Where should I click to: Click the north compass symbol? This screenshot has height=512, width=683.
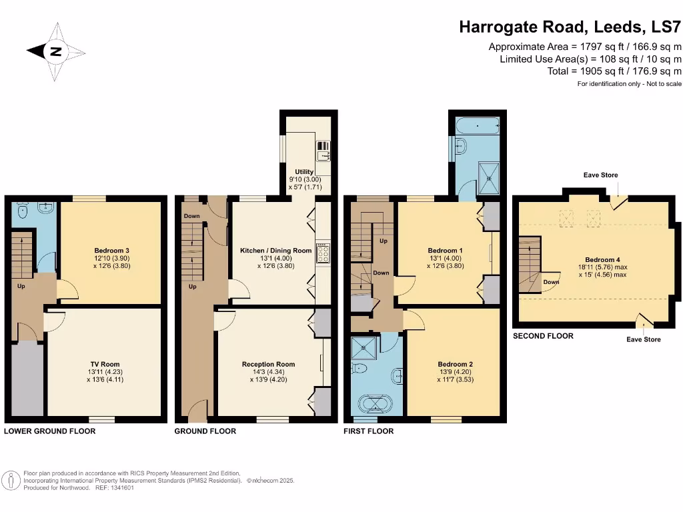(55, 51)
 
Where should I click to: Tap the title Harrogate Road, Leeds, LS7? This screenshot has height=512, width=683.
(570, 27)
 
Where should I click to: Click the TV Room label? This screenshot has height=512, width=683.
(104, 364)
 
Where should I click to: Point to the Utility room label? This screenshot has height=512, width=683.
(304, 172)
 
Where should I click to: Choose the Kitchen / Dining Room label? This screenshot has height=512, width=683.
(276, 251)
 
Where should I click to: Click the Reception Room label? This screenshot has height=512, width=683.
(269, 365)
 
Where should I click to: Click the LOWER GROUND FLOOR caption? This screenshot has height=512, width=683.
(50, 431)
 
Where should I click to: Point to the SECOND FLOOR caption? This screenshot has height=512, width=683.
(543, 336)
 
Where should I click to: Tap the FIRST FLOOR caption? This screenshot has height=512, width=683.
(368, 431)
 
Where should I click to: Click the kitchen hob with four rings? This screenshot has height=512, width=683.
(323, 253)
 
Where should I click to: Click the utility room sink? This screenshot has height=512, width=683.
(323, 147)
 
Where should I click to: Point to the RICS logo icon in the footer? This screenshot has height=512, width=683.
(11, 479)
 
